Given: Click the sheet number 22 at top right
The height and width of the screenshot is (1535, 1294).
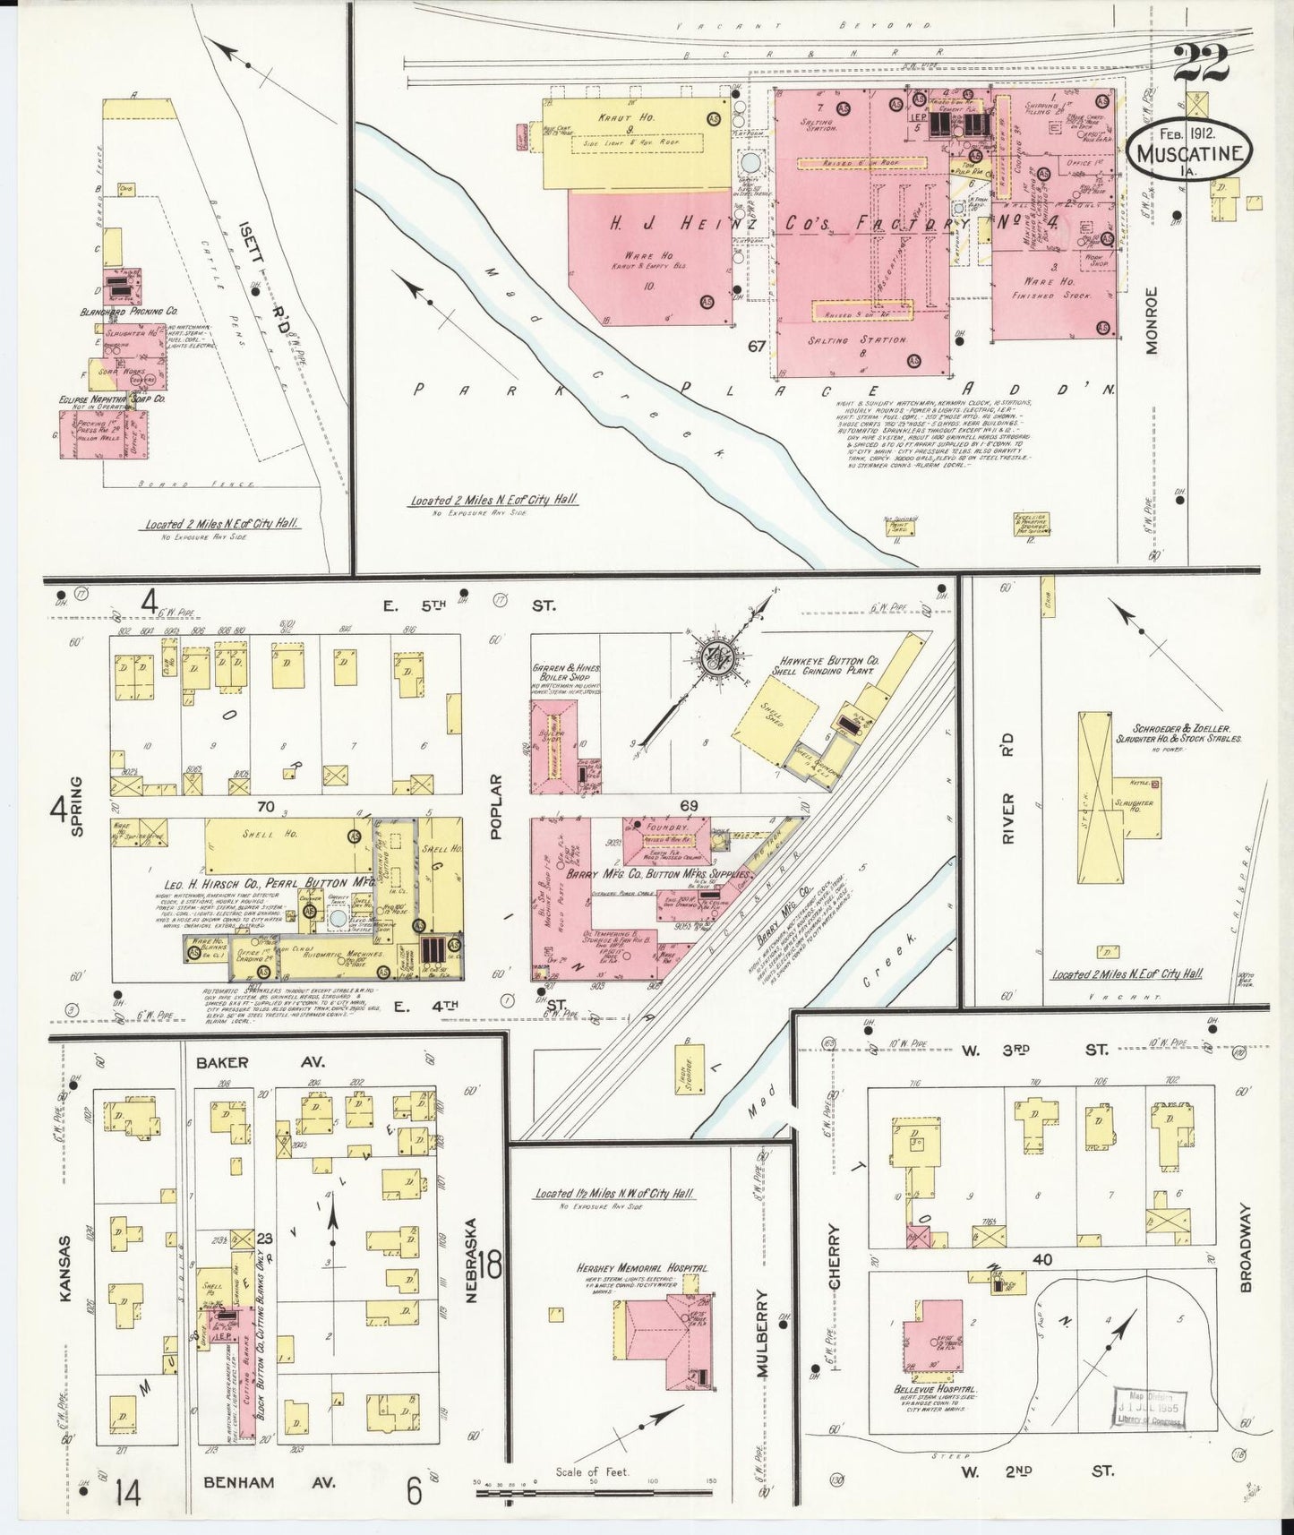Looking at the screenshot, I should point(1203,64).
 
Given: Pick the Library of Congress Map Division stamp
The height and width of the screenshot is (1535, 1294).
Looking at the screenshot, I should point(1150,1411).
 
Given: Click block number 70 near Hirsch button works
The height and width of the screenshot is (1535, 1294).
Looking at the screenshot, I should point(265,806).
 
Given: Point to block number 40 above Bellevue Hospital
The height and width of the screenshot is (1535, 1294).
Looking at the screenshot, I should point(1041,1259).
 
